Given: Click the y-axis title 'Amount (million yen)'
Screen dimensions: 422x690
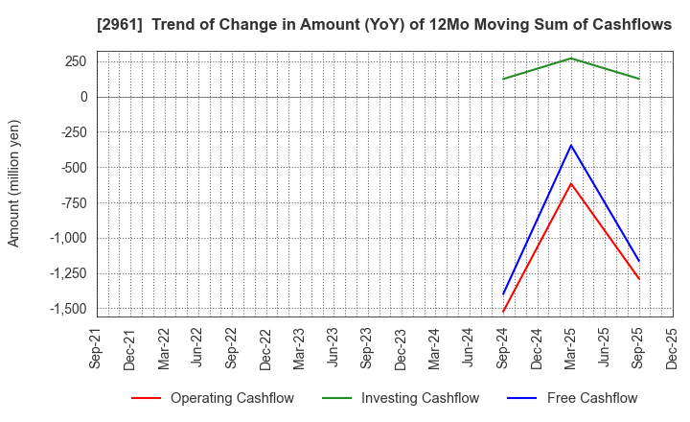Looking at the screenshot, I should click(14, 183).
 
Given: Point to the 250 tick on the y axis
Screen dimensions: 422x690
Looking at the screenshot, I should click(75, 61).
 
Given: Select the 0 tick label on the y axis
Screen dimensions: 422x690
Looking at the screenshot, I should click(83, 97).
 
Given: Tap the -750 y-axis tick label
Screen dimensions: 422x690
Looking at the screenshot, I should click(72, 203).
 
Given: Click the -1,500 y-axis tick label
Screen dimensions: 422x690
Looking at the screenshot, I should click(67, 309).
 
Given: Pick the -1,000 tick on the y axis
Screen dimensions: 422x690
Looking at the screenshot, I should click(67, 239).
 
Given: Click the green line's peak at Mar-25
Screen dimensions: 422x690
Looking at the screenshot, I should click(571, 59).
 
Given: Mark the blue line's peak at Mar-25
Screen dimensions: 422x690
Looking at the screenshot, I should click(571, 145).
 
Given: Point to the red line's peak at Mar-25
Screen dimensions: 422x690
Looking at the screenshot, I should click(571, 183).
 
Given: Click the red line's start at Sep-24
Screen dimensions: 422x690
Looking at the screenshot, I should click(503, 312).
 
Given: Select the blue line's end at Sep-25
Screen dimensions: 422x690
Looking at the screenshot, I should click(639, 261).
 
